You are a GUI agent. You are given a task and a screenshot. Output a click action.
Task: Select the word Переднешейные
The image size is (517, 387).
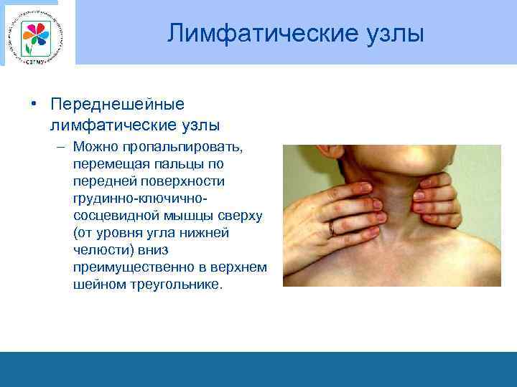pyautogui.click(x=118, y=105)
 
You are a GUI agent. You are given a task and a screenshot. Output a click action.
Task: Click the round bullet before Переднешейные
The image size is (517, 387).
pyautogui.click(x=34, y=105)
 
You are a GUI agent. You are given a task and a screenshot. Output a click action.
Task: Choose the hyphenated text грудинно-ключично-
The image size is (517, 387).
pyautogui.click(x=139, y=199)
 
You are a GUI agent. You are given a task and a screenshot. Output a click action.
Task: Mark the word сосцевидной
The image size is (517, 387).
pyautogui.click(x=113, y=216)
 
